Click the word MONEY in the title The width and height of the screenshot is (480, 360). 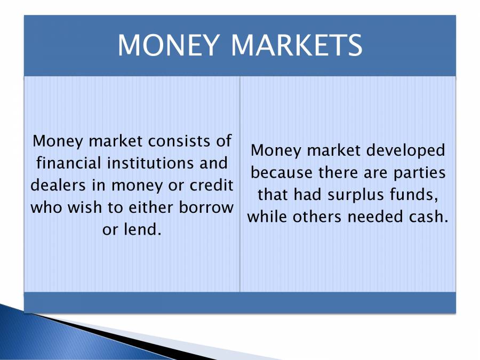coord(169,45)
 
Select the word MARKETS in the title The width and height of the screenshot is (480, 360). coord(297,45)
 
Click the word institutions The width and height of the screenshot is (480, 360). coord(150,163)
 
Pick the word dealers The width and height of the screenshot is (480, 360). coord(58,185)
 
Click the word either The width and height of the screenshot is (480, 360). coord(151,207)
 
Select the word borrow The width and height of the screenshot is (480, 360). coord(206,207)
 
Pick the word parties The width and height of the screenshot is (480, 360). coord(419,173)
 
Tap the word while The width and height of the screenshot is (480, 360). coord(267,217)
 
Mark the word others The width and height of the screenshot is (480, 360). coord(317,217)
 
